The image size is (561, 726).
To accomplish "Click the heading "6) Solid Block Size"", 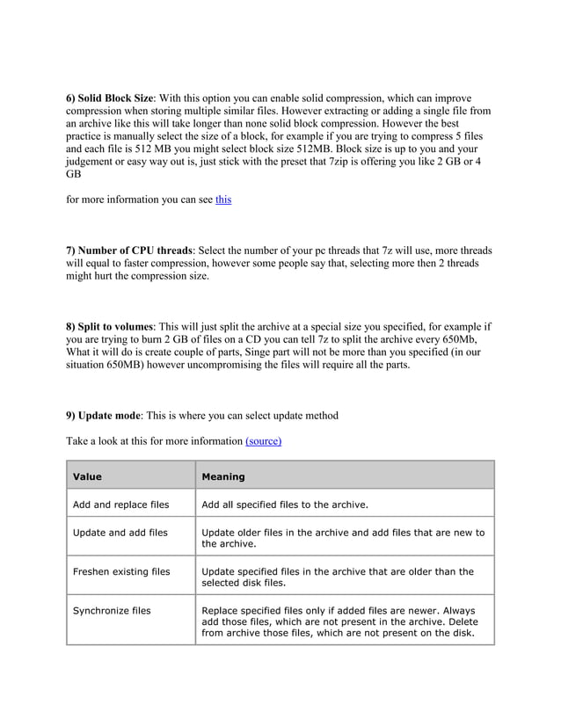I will point(110,98).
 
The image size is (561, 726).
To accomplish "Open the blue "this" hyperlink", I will point(223,200).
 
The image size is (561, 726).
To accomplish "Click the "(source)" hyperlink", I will point(263,440).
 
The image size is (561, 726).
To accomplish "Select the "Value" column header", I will point(87,476).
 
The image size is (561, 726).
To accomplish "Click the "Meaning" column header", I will point(223,476).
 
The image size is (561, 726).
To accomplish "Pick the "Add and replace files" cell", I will point(120,505).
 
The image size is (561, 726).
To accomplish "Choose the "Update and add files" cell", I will point(120,533).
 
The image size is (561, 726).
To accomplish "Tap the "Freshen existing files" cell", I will point(121,571).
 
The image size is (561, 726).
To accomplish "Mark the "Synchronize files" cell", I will point(112,610).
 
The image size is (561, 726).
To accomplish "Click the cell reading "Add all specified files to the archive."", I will point(285,505).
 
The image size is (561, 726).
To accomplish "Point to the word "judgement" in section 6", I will point(93,162).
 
